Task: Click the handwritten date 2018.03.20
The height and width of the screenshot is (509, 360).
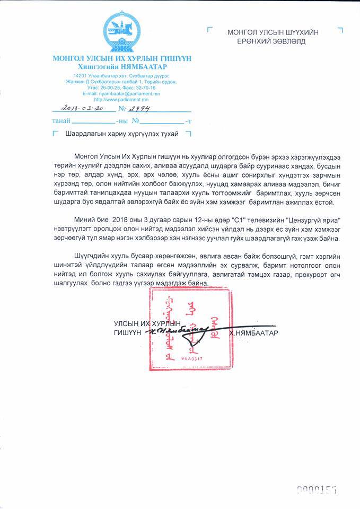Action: pyautogui.click(x=84, y=108)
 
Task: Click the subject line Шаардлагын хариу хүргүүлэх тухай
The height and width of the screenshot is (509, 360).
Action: pyautogui.click(x=121, y=134)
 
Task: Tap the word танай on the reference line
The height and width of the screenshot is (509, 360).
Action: pyautogui.click(x=60, y=121)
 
